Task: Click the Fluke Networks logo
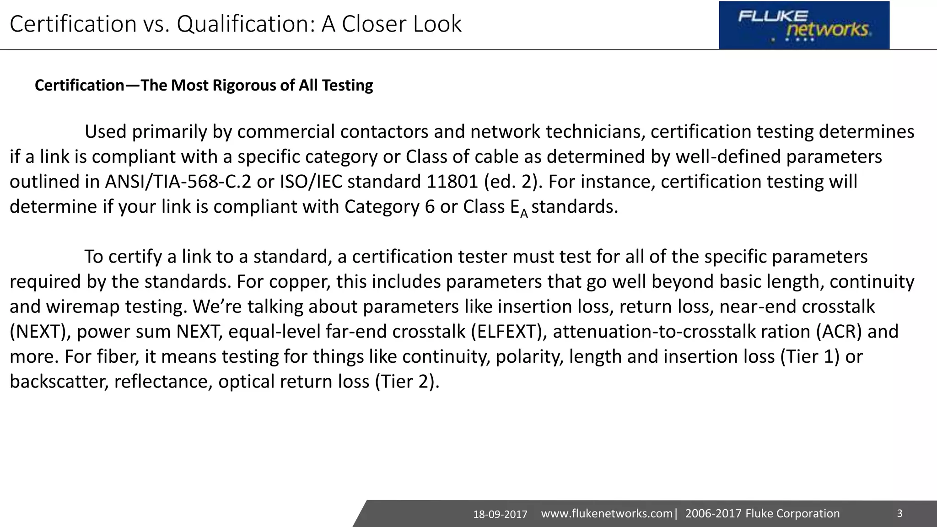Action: click(804, 25)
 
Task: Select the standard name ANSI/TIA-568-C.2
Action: click(178, 182)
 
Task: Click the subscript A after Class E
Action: click(524, 213)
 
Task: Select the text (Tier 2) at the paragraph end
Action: click(407, 382)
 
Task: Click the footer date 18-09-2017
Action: click(500, 515)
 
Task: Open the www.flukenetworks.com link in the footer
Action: click(607, 514)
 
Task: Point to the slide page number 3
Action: click(899, 513)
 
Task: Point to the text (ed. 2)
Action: click(513, 182)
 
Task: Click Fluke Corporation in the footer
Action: click(792, 514)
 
